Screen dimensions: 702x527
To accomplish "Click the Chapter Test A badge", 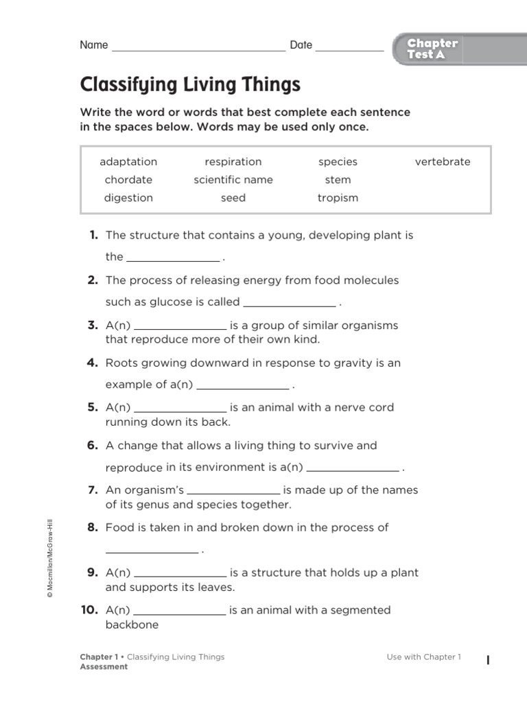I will point(432,49).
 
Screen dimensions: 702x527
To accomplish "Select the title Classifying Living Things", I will point(190,85).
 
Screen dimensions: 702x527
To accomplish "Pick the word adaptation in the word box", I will point(128,162).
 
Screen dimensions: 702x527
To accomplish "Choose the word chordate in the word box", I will point(128,180).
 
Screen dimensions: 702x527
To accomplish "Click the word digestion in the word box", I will point(128,197).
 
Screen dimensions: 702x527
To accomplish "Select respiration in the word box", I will point(233,162).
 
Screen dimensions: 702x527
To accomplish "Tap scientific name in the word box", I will point(233,180).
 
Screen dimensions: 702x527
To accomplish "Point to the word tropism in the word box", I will point(338,197).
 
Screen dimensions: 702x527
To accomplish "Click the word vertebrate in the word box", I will point(443,162).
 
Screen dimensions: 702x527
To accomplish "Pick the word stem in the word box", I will point(338,180).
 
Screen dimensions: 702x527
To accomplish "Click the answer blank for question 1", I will point(173,259).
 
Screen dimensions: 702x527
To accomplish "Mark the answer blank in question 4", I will point(243,387).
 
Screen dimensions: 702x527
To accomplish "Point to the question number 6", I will point(93,446).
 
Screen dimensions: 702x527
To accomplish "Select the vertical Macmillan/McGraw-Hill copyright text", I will point(49,559).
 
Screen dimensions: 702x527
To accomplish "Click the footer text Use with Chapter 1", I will point(424,657).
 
